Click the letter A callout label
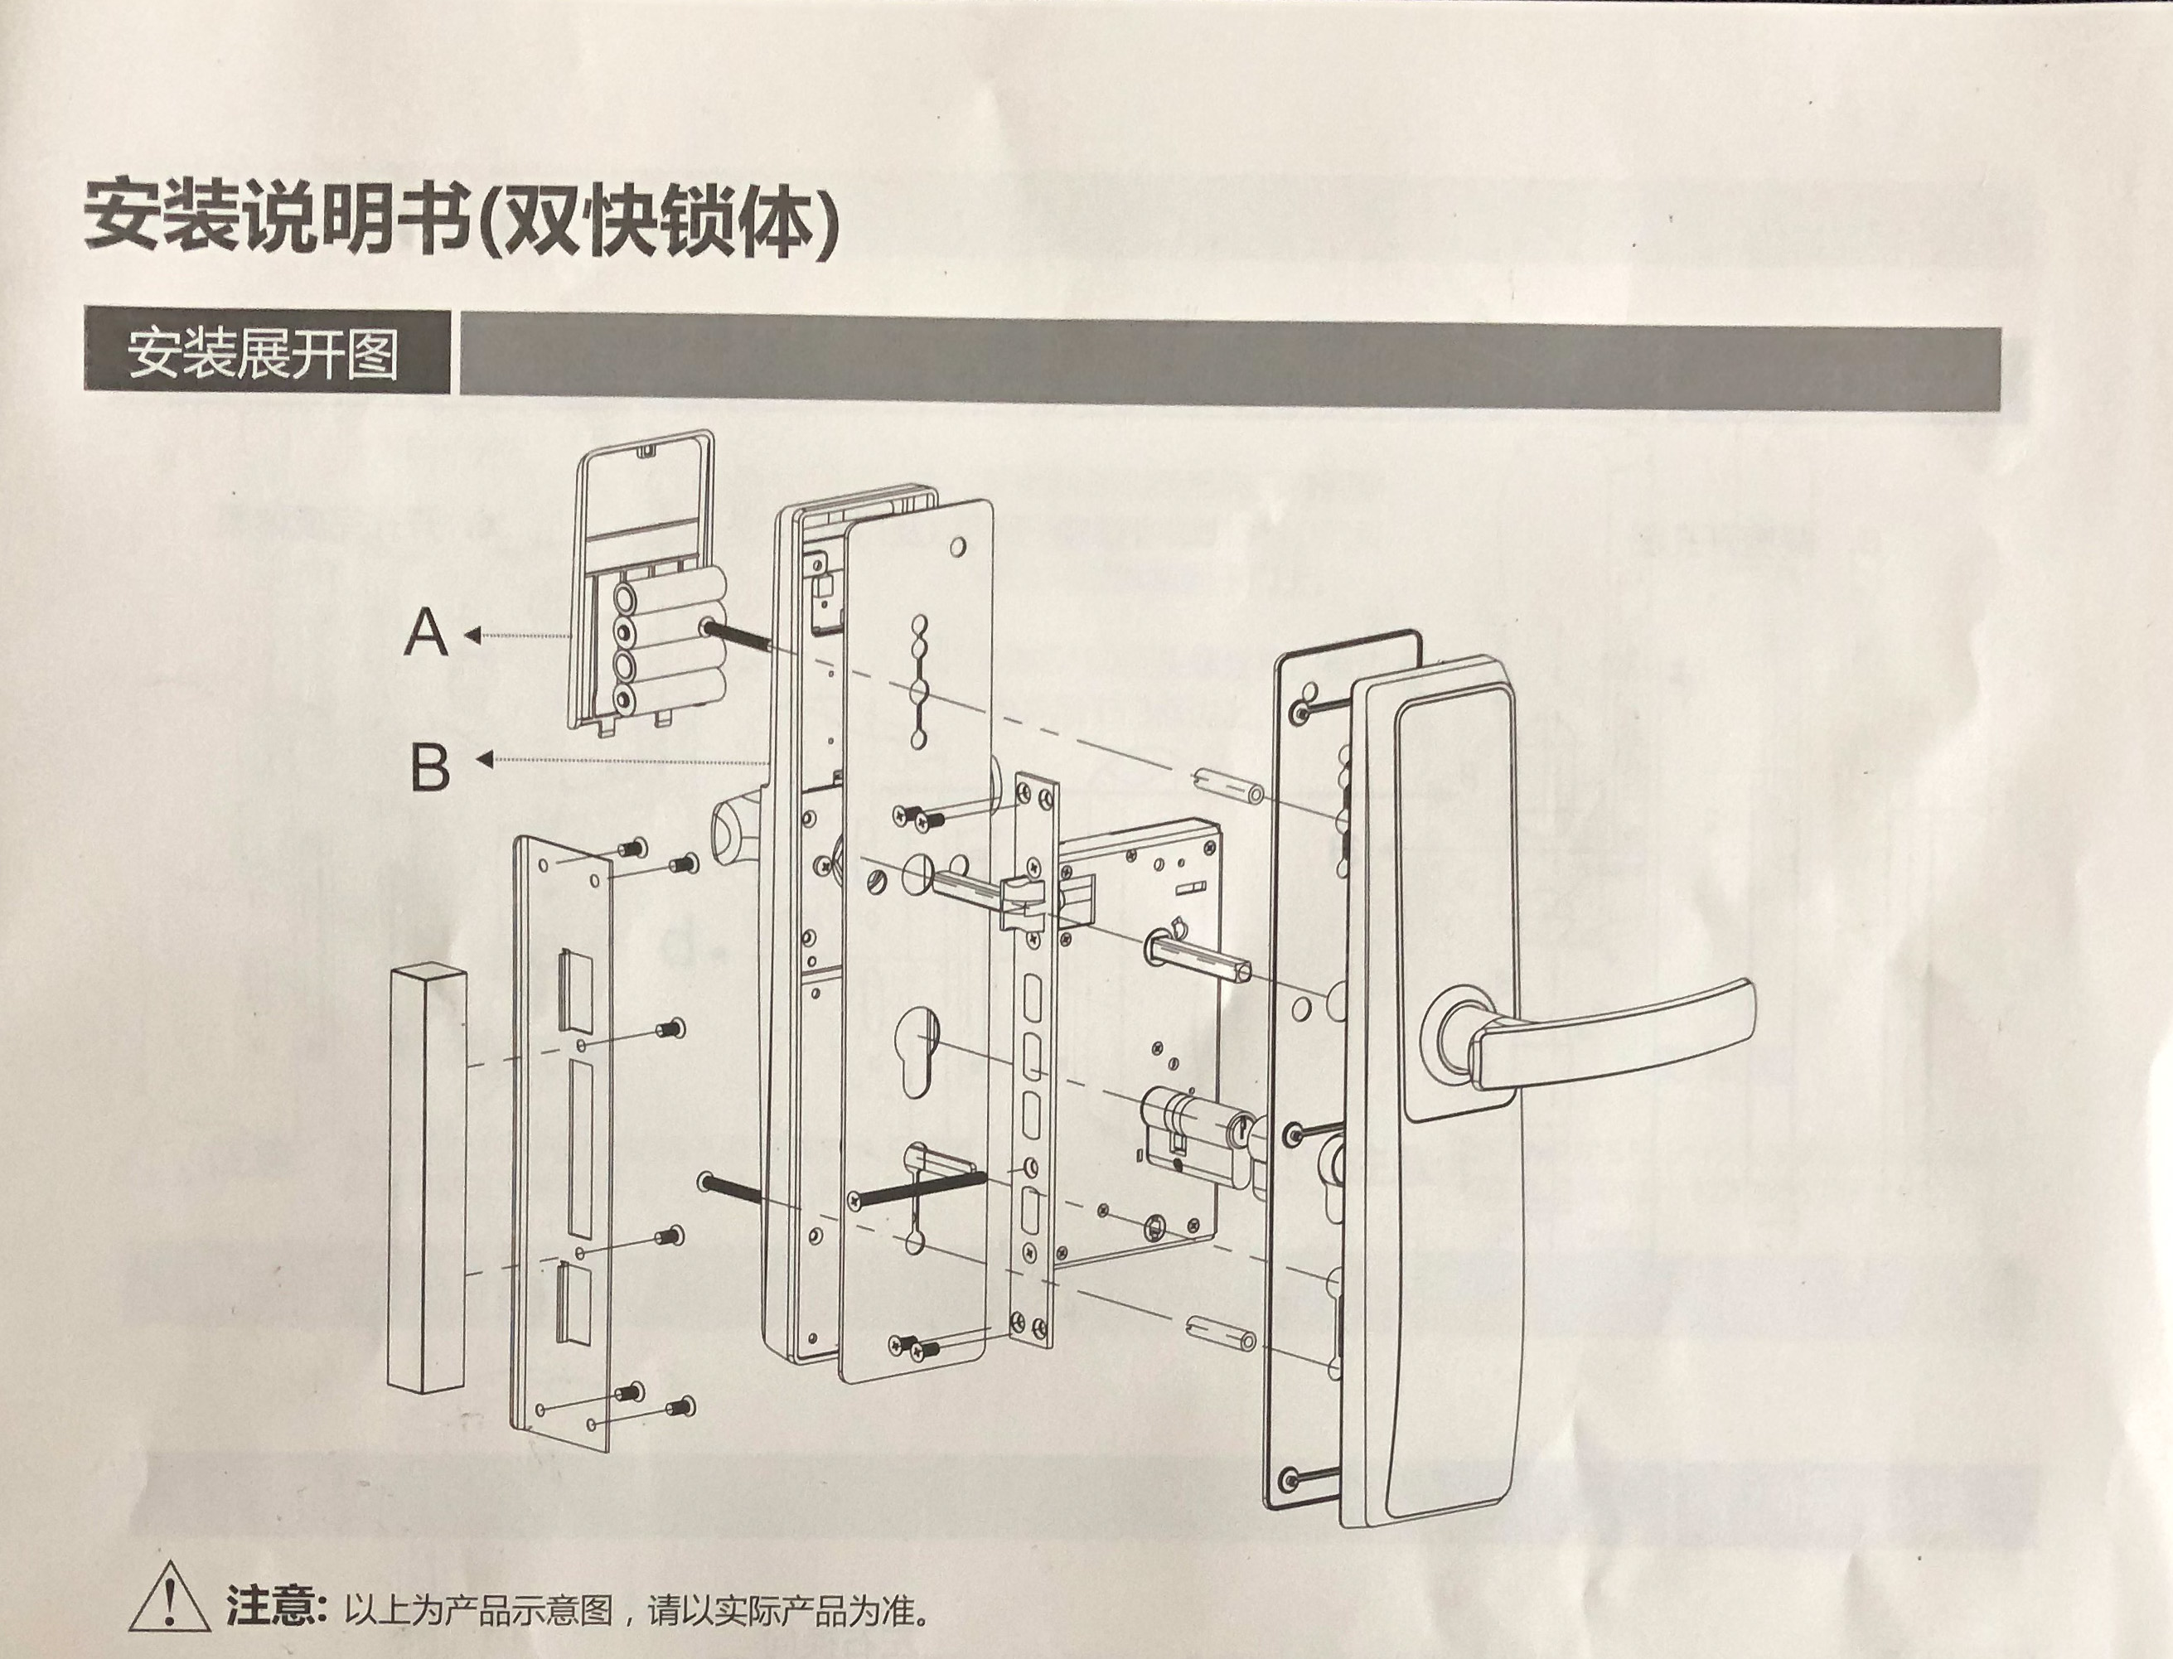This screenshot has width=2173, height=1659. pyautogui.click(x=427, y=633)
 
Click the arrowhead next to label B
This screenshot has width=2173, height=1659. pyautogui.click(x=484, y=759)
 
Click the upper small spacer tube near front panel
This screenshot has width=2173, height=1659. pyautogui.click(x=1226, y=786)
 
